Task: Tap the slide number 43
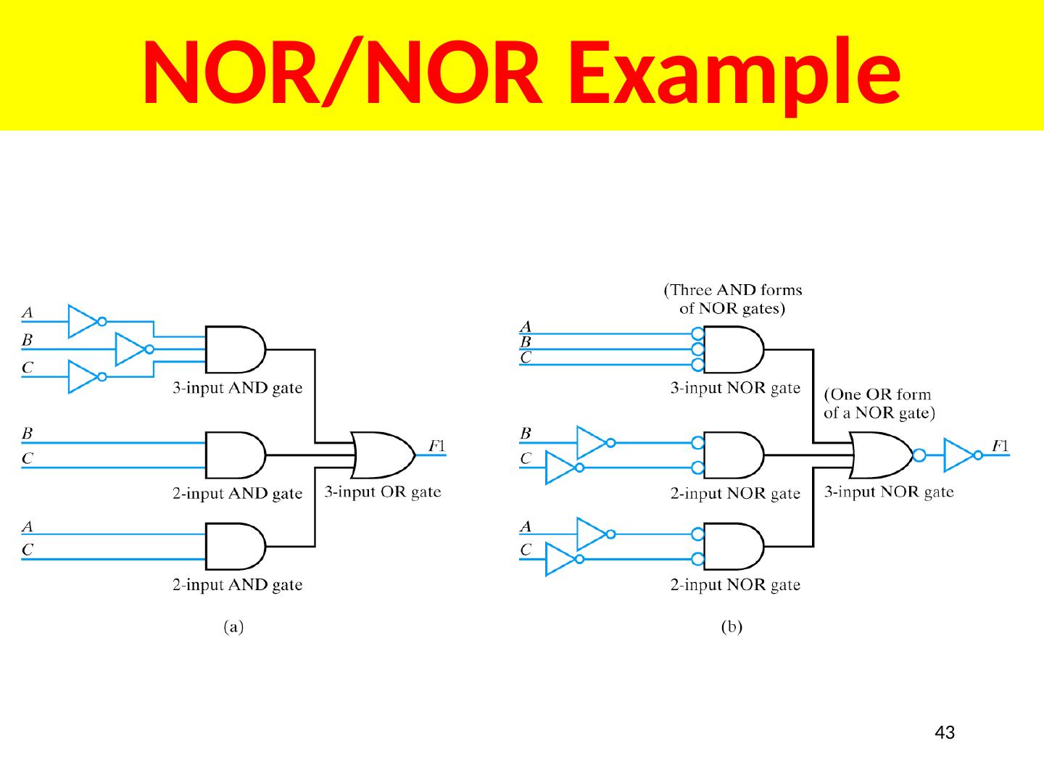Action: [x=945, y=733]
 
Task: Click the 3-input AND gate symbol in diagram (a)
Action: [x=234, y=349]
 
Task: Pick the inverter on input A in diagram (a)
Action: [x=85, y=320]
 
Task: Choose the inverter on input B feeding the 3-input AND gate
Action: [x=133, y=349]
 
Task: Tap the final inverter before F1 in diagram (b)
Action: [x=960, y=455]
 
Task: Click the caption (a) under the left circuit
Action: [x=233, y=628]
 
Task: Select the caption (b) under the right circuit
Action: [x=731, y=628]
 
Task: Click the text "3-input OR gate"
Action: [x=382, y=492]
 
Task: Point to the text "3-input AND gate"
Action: [x=237, y=388]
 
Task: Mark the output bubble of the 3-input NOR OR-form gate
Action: [x=919, y=455]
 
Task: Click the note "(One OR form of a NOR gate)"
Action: [x=879, y=404]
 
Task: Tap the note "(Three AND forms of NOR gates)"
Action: [x=733, y=299]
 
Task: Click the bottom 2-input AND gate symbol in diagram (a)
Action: [x=234, y=546]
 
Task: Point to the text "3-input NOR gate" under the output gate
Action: [x=890, y=492]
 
